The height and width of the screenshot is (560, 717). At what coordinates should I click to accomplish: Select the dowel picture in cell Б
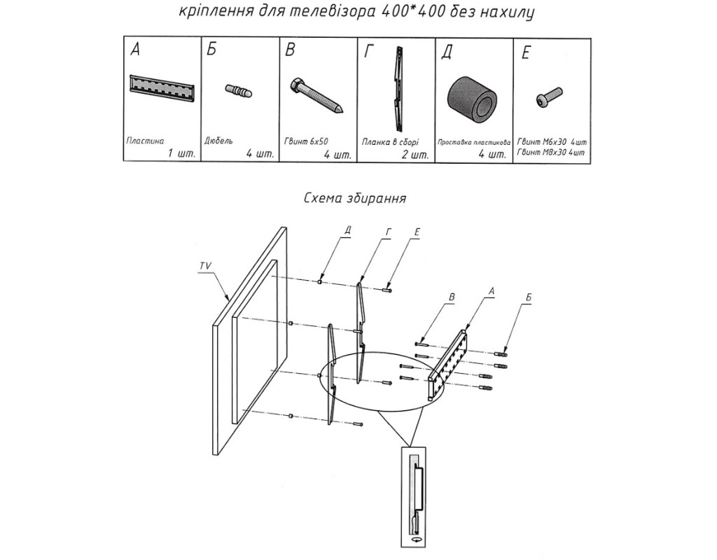[239, 91]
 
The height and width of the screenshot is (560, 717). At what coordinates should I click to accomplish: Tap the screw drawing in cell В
[316, 96]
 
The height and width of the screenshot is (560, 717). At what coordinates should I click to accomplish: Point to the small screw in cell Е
[549, 96]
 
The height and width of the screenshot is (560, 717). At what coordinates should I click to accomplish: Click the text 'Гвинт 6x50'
[306, 139]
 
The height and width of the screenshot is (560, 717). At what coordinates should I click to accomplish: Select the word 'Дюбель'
[218, 139]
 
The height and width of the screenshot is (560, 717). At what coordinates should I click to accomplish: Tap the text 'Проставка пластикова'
[473, 141]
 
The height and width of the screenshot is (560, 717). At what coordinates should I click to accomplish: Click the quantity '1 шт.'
[181, 153]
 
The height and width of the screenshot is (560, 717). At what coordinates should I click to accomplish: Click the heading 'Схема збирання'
[355, 198]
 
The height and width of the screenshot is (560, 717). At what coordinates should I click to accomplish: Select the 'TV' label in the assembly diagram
[205, 267]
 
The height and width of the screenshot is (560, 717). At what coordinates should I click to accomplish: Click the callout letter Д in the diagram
[347, 230]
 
